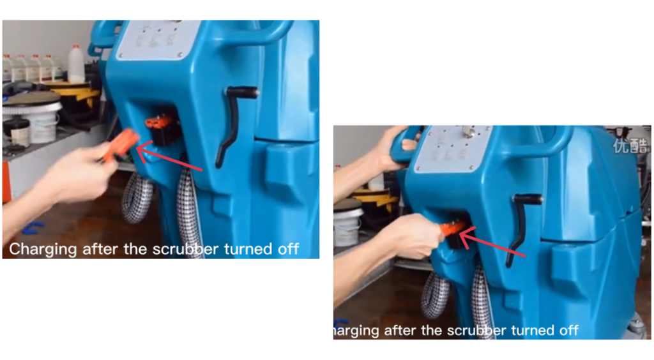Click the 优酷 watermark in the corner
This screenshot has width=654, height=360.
[631, 146]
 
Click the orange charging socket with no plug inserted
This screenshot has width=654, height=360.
[159, 123]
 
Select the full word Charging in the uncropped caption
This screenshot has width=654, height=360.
[43, 250]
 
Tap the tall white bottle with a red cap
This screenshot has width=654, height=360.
[76, 63]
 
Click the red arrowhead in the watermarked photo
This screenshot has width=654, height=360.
[466, 237]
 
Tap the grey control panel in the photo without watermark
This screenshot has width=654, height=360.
[158, 40]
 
